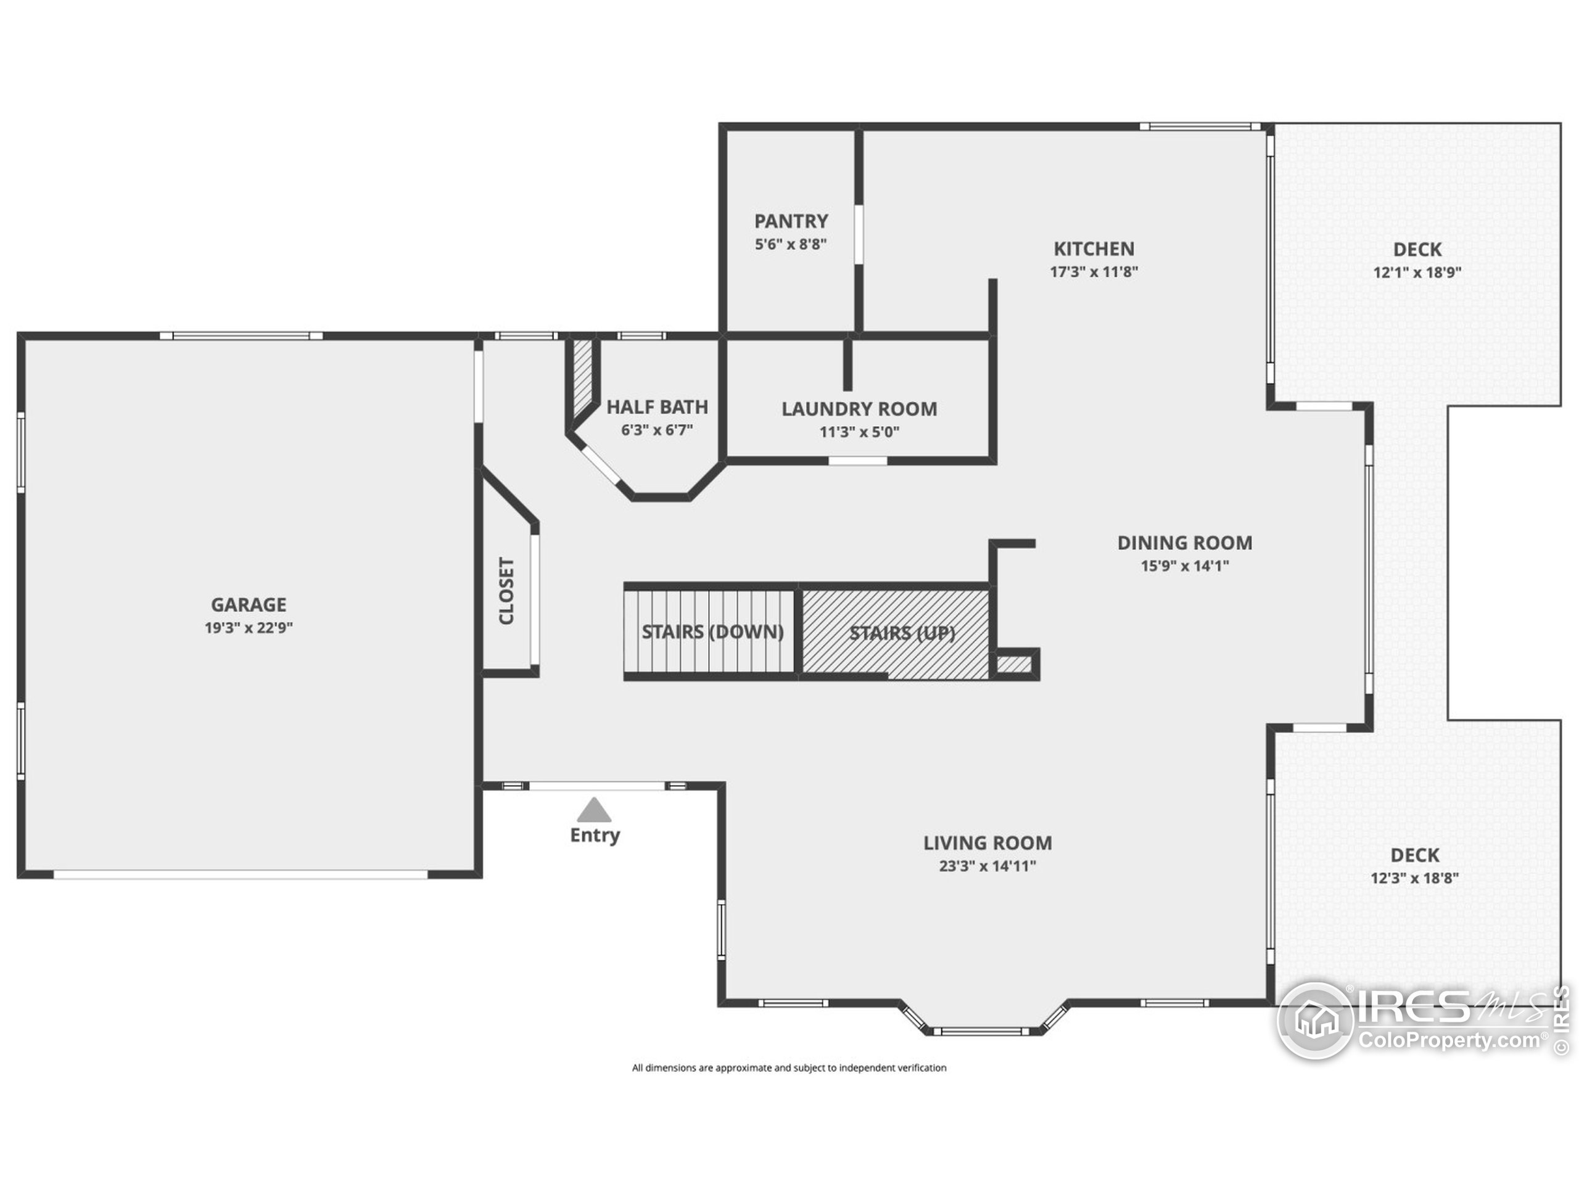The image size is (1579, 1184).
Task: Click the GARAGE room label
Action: coord(249,604)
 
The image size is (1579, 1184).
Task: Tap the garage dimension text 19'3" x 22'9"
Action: coord(249,628)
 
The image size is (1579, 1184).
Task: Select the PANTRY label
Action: coord(791,221)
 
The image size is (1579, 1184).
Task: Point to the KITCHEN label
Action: coord(1094,249)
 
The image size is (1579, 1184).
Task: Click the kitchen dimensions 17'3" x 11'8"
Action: coord(1094,272)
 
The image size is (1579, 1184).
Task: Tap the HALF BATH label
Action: coord(657,407)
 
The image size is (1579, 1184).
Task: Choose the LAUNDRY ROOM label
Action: coord(859,409)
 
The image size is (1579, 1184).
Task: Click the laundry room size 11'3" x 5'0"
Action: coord(859,432)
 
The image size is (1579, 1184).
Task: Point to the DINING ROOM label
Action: coord(1184,543)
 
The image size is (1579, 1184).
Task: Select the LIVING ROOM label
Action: coord(987,843)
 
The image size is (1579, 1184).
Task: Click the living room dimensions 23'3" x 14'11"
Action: coord(987,866)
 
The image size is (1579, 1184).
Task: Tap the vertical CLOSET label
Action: coord(506,591)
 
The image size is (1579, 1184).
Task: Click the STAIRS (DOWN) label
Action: coord(712,631)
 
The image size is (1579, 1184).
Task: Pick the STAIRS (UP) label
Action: coord(902,633)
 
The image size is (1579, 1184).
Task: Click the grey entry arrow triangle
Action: coord(594,811)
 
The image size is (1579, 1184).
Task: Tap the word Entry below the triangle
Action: coord(594,835)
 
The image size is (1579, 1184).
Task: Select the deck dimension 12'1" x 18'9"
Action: coord(1417,273)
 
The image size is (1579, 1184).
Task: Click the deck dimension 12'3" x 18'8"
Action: coord(1414,878)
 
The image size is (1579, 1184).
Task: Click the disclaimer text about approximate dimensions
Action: coord(789,1067)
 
